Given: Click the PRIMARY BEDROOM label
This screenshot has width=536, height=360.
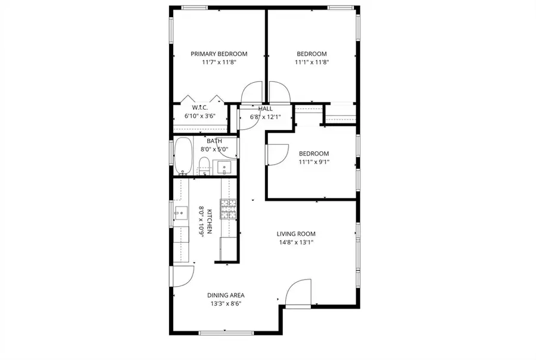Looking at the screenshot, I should (219, 54).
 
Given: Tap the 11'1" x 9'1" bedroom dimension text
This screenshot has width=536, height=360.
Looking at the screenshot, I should (313, 162).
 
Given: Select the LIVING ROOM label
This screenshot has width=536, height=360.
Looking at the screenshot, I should (295, 234).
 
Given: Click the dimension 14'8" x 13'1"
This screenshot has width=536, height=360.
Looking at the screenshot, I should (295, 243).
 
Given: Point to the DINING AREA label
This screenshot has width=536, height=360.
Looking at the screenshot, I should (226, 295).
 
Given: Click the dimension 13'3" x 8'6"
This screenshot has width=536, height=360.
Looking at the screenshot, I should (226, 303).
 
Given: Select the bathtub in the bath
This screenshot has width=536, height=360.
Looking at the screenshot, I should (183, 156).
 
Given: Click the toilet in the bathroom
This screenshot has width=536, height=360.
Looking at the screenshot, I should (204, 166).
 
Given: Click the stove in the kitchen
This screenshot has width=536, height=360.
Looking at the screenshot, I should (229, 209).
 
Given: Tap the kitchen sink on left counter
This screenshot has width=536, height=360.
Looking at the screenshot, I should (179, 211).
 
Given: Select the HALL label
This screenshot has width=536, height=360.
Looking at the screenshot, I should (265, 108).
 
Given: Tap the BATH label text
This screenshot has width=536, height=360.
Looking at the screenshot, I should (214, 141).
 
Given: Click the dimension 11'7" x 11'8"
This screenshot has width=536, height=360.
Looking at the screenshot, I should (219, 62).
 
